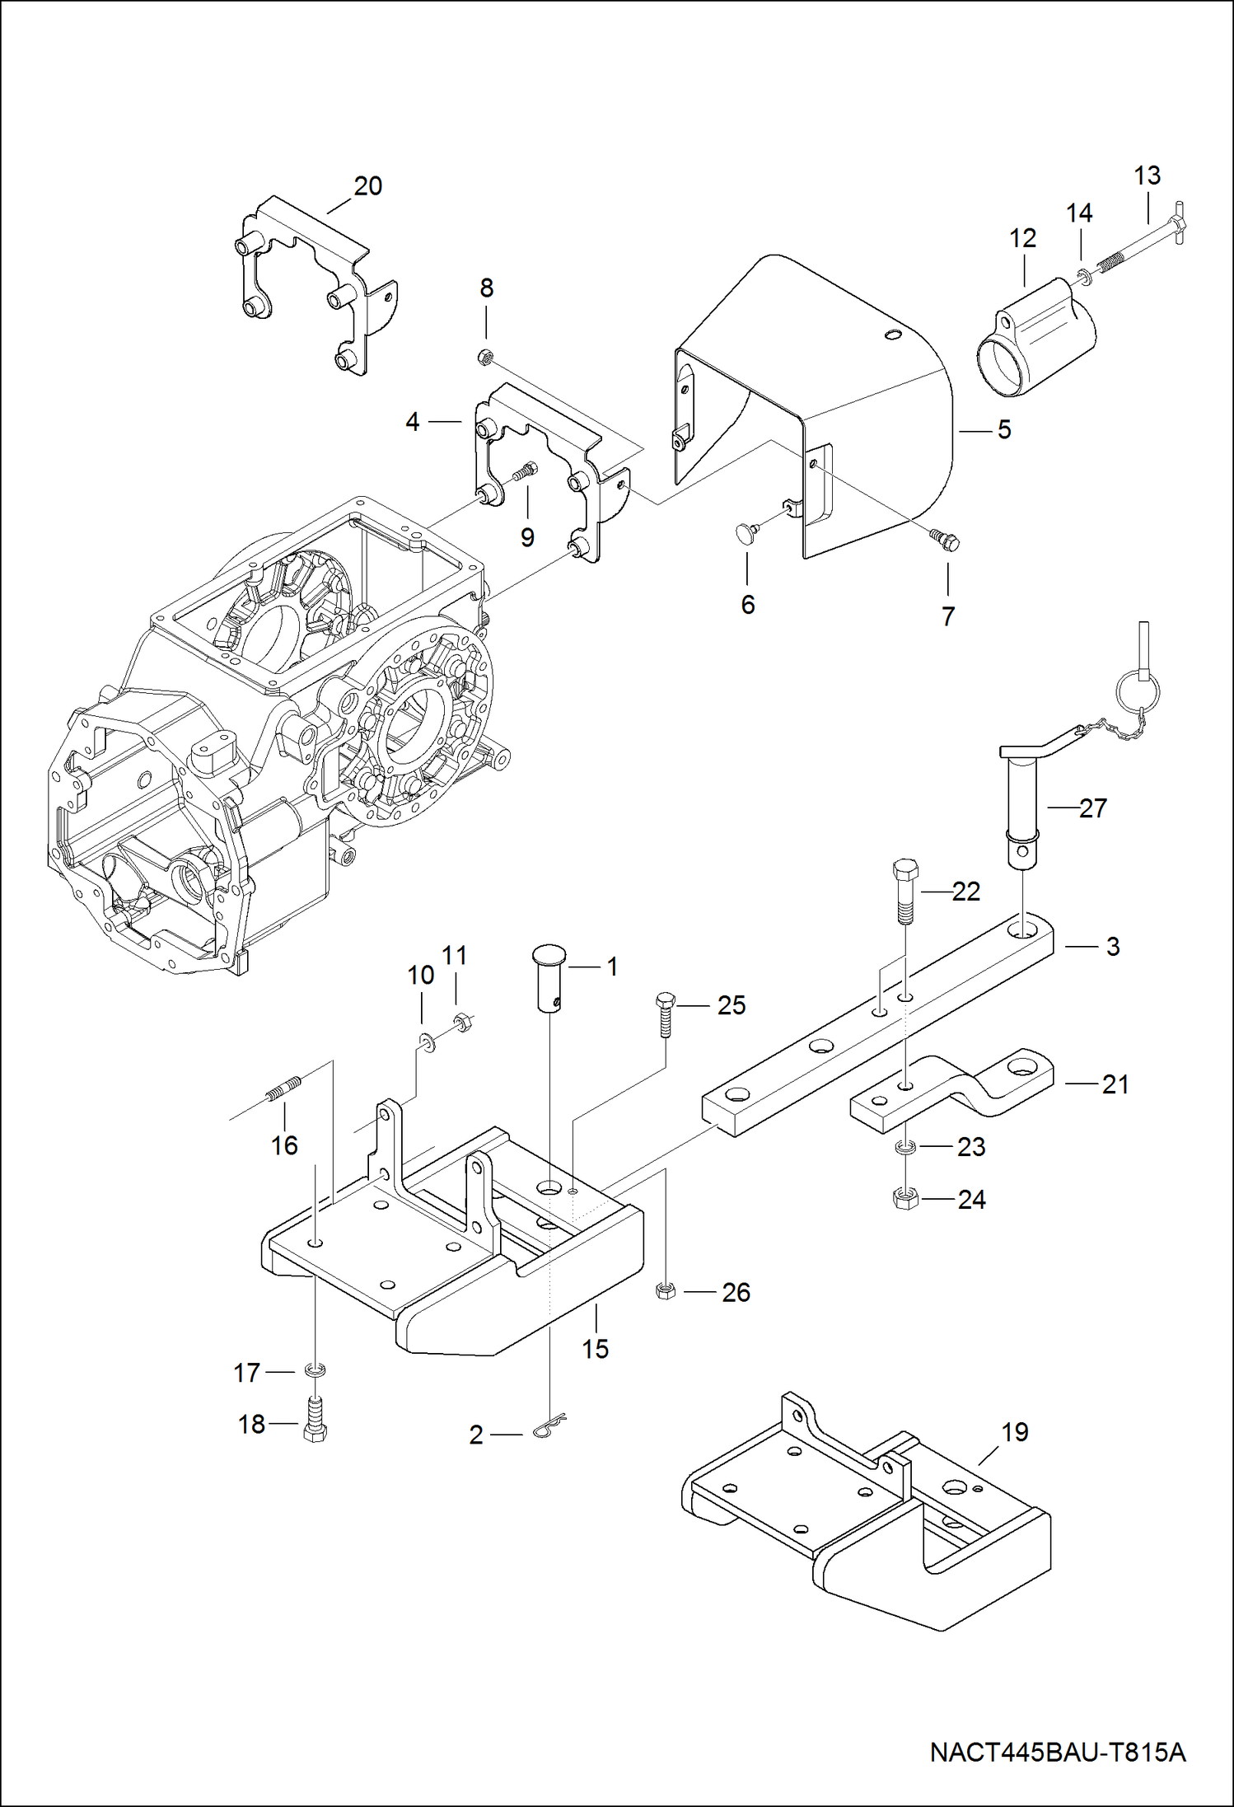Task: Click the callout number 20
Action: (x=368, y=186)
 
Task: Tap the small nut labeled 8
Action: (x=486, y=356)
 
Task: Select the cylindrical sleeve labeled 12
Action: (x=1036, y=338)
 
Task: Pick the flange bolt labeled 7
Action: (x=946, y=540)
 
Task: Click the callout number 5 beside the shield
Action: (x=1004, y=429)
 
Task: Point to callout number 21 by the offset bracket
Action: (x=1115, y=1084)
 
